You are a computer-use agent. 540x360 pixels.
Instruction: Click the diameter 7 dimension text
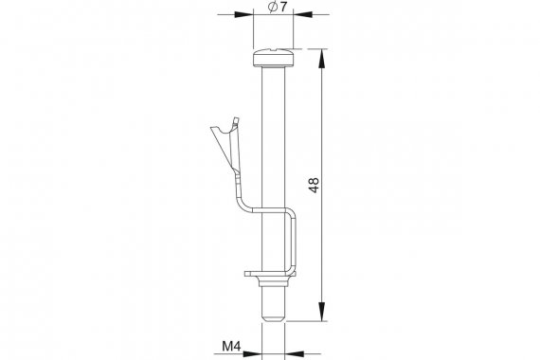[278, 8]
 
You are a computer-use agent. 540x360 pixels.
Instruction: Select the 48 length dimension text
[315, 186]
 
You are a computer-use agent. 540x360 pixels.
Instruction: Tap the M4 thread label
[231, 346]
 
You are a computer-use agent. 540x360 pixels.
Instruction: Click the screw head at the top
[274, 58]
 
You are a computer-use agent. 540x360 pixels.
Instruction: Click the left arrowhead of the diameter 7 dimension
[243, 14]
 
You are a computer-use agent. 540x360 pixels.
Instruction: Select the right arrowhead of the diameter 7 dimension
[302, 14]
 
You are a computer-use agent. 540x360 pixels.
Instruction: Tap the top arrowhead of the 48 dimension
[322, 59]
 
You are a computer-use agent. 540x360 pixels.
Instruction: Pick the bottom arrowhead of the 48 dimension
[322, 312]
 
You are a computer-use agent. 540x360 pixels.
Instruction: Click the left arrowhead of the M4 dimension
[252, 353]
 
